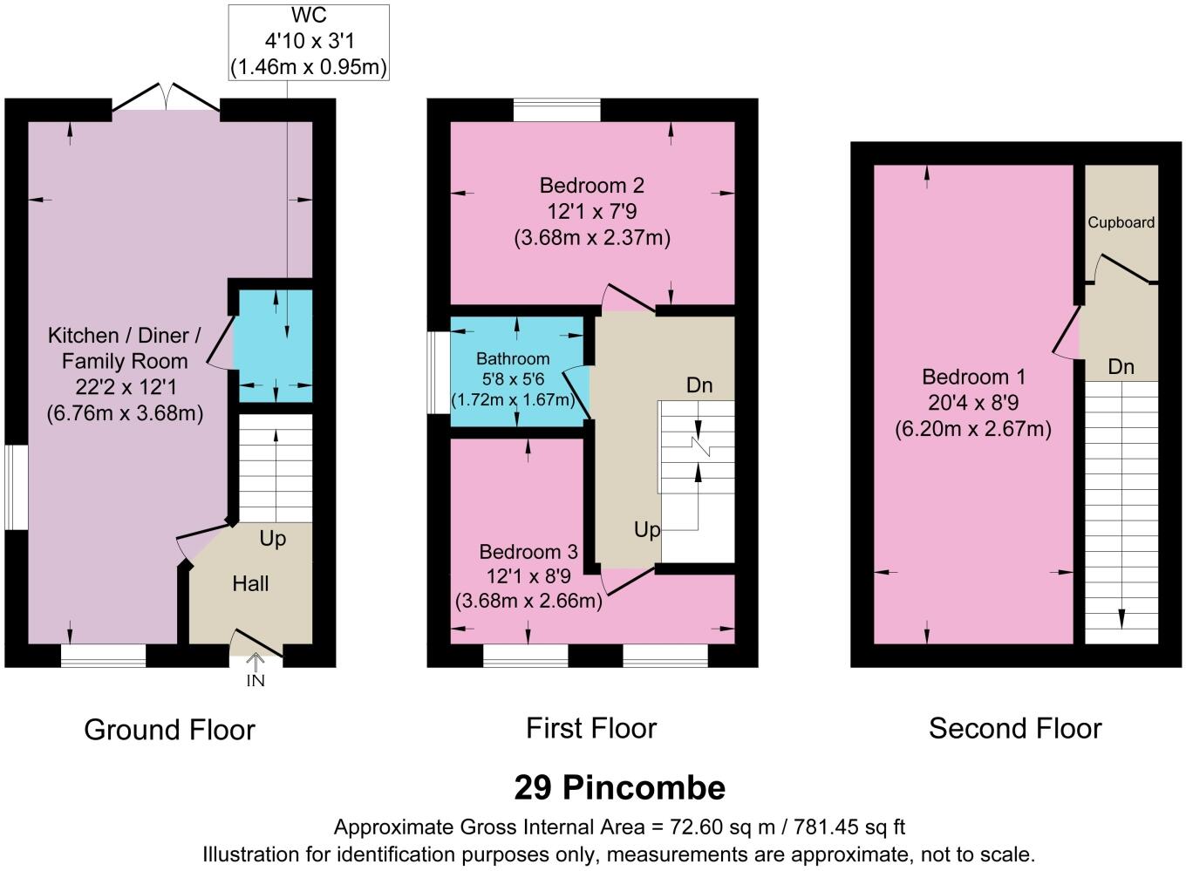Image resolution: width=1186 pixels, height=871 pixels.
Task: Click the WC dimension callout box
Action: [309, 42]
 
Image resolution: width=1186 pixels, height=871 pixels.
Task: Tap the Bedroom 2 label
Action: [591, 186]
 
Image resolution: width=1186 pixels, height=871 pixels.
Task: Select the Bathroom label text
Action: [513, 358]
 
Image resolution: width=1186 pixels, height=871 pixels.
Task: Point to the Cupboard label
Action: [1121, 222]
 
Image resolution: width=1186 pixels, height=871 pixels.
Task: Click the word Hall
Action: [250, 583]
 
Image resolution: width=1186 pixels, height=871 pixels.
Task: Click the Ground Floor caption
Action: [169, 729]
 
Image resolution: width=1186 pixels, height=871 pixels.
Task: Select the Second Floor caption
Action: [1015, 728]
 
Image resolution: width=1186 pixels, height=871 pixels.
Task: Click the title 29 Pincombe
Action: [619, 787]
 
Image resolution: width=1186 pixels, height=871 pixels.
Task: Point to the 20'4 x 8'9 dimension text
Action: [973, 403]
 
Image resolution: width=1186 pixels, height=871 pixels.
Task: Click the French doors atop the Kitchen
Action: [166, 98]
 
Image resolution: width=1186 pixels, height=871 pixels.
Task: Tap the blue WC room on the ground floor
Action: [276, 346]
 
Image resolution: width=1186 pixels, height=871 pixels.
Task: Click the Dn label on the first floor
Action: [699, 384]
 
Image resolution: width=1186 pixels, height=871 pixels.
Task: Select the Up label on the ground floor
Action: [272, 539]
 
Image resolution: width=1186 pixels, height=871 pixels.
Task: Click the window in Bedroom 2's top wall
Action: [557, 110]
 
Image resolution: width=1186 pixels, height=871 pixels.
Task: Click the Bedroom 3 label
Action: [528, 552]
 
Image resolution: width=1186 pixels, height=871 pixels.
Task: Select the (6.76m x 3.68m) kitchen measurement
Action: [125, 412]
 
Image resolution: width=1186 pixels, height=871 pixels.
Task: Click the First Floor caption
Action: [591, 728]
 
